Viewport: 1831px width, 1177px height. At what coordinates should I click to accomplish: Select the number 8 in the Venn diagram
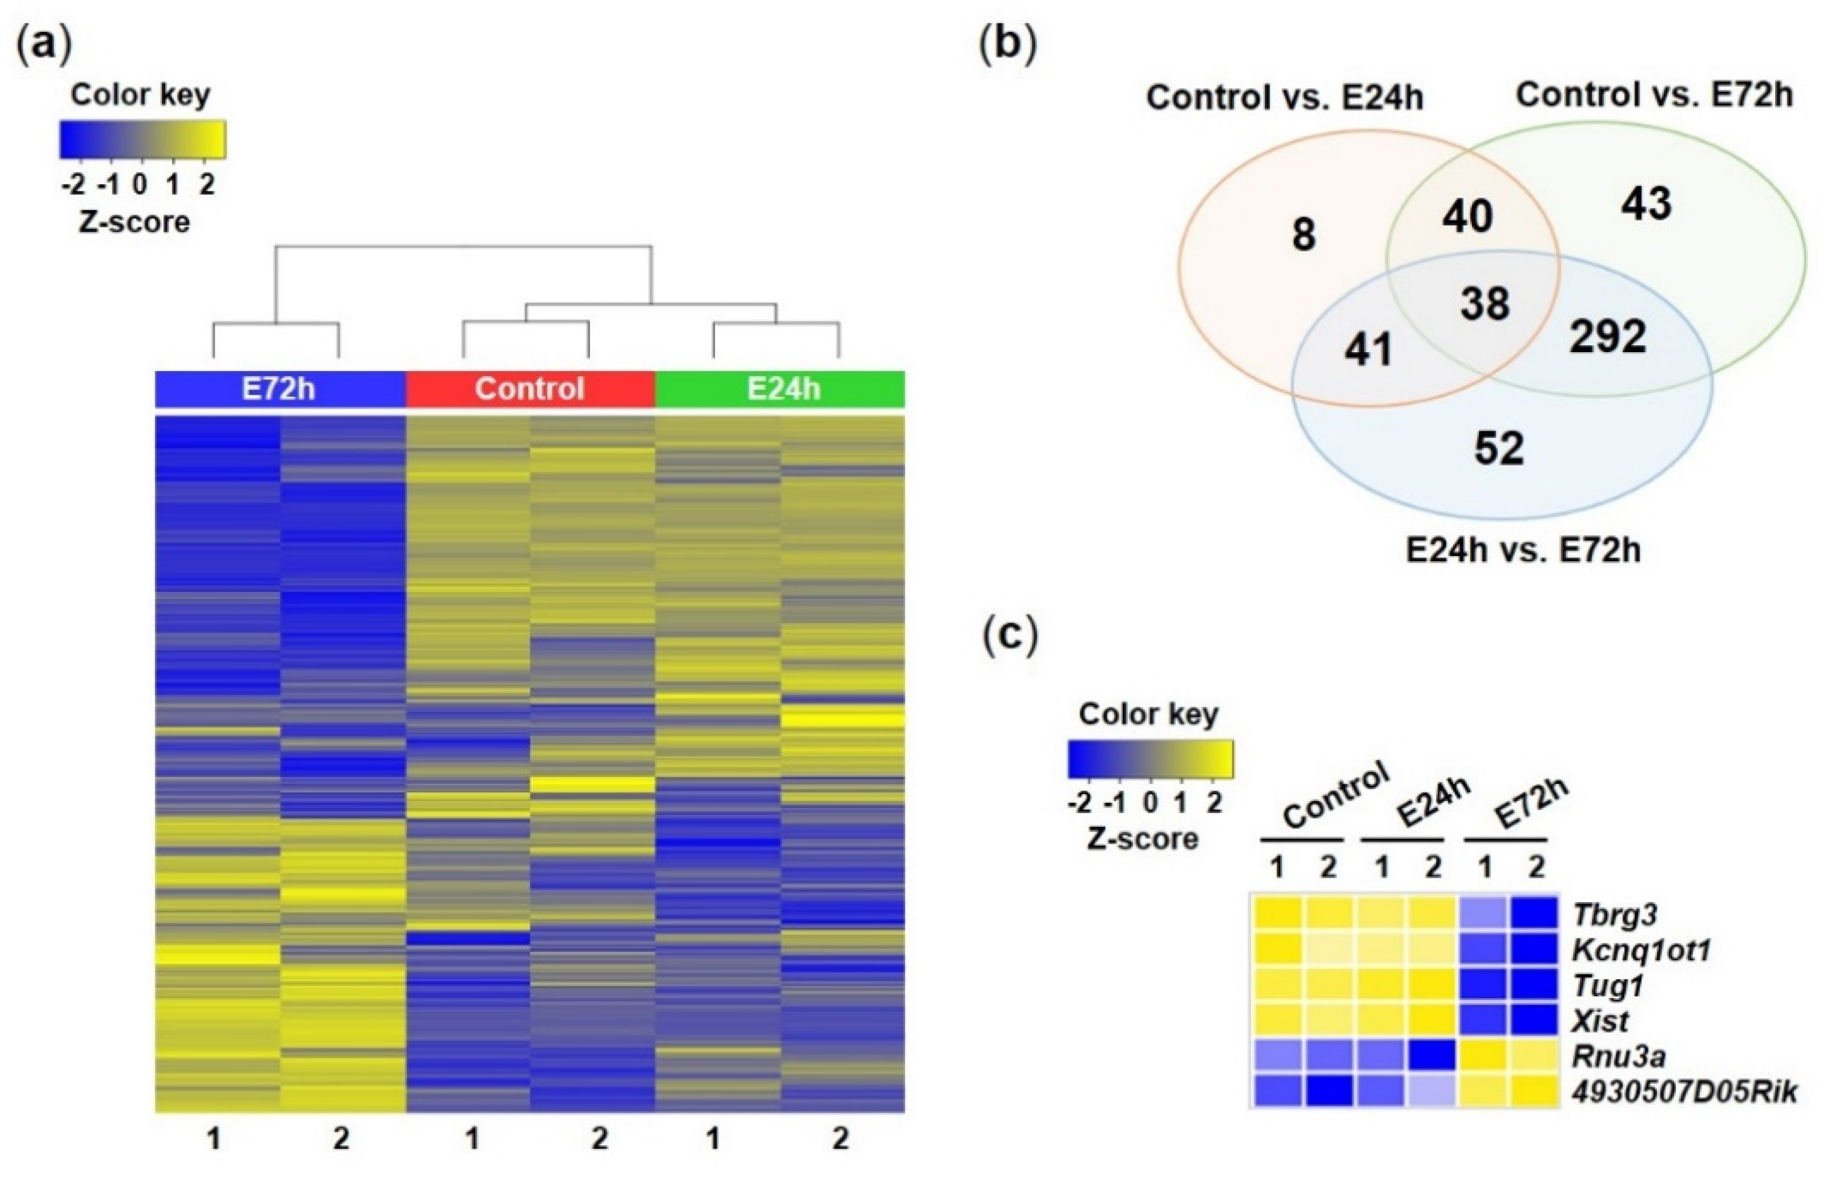[1304, 235]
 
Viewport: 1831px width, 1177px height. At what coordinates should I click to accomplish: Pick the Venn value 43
[1646, 204]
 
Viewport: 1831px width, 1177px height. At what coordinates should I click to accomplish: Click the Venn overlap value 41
[1368, 350]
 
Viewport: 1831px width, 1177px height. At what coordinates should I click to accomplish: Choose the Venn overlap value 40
[1467, 217]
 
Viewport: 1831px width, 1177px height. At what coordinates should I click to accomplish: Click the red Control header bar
[530, 389]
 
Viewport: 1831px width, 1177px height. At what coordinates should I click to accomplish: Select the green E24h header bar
[780, 389]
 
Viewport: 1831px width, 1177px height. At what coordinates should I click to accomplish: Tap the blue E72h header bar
[280, 389]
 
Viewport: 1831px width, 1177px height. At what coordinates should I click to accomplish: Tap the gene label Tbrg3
[1614, 915]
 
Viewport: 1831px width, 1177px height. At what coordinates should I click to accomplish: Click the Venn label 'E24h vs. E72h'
[1523, 551]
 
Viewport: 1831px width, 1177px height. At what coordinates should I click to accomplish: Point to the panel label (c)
[1009, 635]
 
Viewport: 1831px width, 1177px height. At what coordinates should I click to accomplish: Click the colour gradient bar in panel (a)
[143, 139]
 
